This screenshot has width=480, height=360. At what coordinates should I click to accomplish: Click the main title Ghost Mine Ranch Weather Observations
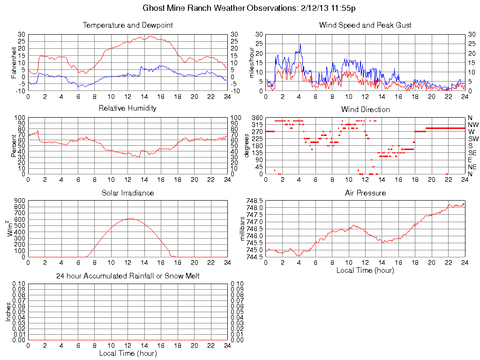pyautogui.click(x=248, y=8)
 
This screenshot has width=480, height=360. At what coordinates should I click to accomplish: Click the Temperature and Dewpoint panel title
pyautogui.click(x=127, y=25)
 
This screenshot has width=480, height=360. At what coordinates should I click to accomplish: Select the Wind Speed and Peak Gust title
pyautogui.click(x=365, y=25)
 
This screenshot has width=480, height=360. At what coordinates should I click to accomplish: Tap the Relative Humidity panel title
pyautogui.click(x=127, y=108)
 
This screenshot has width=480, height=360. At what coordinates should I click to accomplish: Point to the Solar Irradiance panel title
pyautogui.click(x=127, y=193)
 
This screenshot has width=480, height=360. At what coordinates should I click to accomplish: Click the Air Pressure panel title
pyautogui.click(x=365, y=193)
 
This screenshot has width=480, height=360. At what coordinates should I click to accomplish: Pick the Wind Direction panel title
pyautogui.click(x=365, y=109)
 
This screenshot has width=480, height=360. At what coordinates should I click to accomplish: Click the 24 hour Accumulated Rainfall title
pyautogui.click(x=127, y=276)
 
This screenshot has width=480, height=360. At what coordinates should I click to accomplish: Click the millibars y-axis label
pyautogui.click(x=243, y=228)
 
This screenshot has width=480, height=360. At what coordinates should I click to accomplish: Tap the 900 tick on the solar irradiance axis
pyautogui.click(x=19, y=201)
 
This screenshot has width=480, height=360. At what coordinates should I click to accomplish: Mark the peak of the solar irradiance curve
pyautogui.click(x=130, y=218)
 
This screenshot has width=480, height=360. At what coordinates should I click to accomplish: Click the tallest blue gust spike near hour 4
pyautogui.click(x=300, y=44)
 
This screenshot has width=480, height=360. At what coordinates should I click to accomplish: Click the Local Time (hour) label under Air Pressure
pyautogui.click(x=365, y=270)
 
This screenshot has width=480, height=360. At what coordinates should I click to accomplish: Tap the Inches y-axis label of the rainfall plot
pyautogui.click(x=8, y=312)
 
